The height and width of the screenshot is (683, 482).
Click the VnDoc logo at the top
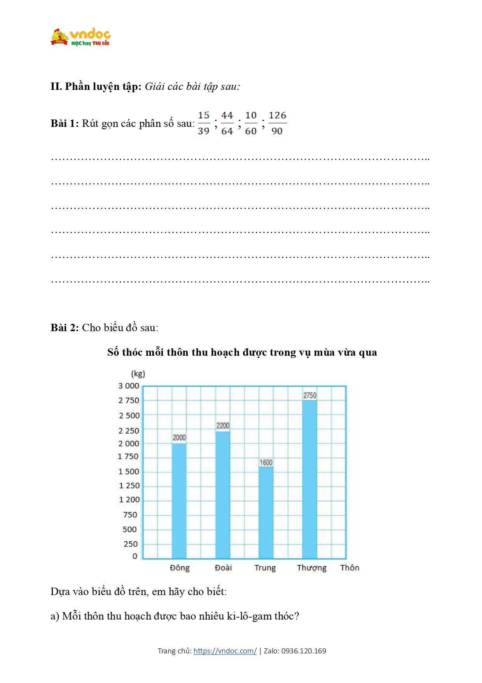[x=80, y=37]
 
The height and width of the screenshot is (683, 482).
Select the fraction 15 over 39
[x=204, y=123]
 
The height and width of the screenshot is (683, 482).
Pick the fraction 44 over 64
[x=227, y=123]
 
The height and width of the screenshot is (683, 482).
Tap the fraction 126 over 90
[x=277, y=123]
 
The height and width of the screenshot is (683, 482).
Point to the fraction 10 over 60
[x=251, y=123]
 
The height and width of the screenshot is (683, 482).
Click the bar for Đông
[x=179, y=501]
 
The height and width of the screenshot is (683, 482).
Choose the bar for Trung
[x=266, y=513]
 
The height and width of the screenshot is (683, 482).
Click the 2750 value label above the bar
[x=310, y=395]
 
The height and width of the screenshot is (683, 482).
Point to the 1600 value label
[x=266, y=462]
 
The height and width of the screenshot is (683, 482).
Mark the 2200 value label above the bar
[x=223, y=425]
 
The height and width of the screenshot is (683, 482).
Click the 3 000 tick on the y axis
[x=129, y=386]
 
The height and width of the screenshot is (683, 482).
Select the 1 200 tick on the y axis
[x=129, y=499]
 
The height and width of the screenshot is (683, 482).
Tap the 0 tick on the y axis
[x=135, y=556]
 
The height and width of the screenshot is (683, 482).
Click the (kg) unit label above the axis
[x=138, y=374]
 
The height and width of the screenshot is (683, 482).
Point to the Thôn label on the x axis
[x=349, y=568]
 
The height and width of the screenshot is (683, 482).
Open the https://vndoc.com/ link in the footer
[x=225, y=651]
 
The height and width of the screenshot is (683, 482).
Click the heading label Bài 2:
[x=65, y=328]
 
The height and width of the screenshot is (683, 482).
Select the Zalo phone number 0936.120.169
[x=304, y=651]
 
